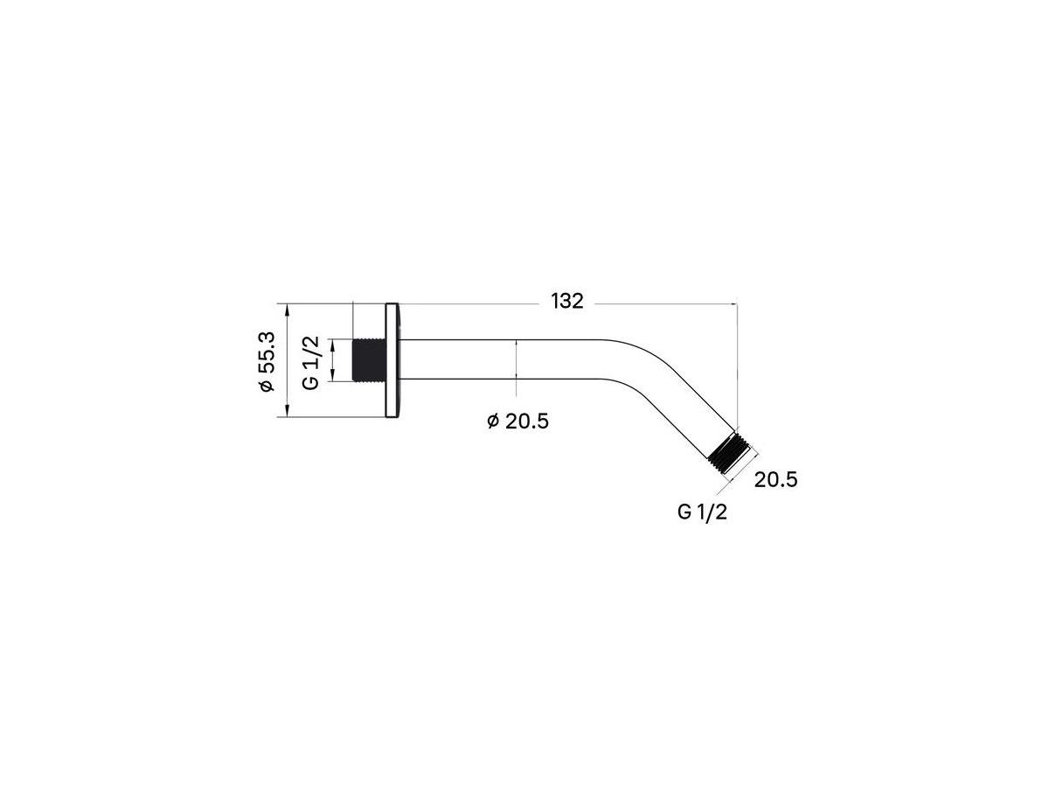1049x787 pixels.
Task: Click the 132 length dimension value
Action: click(566, 302)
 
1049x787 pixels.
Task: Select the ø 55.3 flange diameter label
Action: click(267, 361)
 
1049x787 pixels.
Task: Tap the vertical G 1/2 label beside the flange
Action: click(311, 362)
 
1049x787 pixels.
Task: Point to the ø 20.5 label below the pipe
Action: click(518, 421)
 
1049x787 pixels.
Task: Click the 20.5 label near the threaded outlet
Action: click(775, 480)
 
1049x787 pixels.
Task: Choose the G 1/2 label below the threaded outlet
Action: click(702, 512)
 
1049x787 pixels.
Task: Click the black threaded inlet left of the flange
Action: click(370, 359)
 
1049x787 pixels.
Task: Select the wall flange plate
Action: click(392, 360)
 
